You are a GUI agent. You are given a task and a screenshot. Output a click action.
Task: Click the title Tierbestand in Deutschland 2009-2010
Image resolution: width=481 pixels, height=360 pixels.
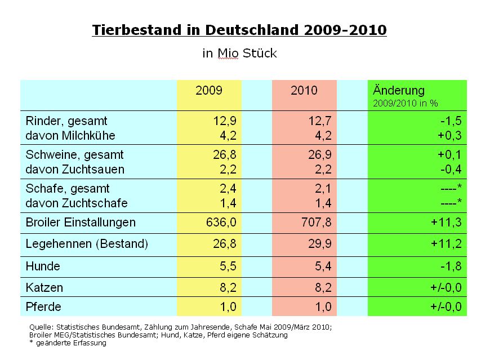[x=239, y=30]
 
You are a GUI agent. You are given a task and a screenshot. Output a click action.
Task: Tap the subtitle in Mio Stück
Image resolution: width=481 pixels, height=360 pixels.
[x=239, y=54]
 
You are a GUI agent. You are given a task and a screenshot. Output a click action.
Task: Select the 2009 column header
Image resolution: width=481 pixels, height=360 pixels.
[x=209, y=91]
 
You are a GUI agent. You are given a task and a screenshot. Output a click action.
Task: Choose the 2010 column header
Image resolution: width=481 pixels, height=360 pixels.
[x=304, y=91]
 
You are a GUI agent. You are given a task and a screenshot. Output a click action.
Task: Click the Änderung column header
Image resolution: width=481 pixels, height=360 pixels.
[x=399, y=91]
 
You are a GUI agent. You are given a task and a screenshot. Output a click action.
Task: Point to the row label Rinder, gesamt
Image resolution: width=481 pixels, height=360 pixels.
[x=66, y=121]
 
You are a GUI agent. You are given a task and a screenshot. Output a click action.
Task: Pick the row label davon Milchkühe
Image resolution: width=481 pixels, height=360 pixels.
[x=70, y=136]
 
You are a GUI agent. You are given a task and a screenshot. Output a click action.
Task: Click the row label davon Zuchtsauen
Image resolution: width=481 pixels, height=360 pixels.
[x=75, y=170]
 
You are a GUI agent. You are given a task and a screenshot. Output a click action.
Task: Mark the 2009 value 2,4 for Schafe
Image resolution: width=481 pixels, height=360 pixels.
[x=226, y=189]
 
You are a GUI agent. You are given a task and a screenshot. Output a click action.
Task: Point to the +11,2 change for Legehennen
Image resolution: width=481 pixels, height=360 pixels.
[x=447, y=244]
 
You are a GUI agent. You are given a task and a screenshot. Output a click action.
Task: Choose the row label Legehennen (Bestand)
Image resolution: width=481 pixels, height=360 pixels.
[x=87, y=244]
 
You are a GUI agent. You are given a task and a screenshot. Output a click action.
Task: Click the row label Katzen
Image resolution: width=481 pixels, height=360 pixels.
[x=44, y=287]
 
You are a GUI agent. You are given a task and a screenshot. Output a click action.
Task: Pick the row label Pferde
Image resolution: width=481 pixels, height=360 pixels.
[x=43, y=308]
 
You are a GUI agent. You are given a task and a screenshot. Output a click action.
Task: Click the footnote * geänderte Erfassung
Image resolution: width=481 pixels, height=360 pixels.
[x=67, y=344]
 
